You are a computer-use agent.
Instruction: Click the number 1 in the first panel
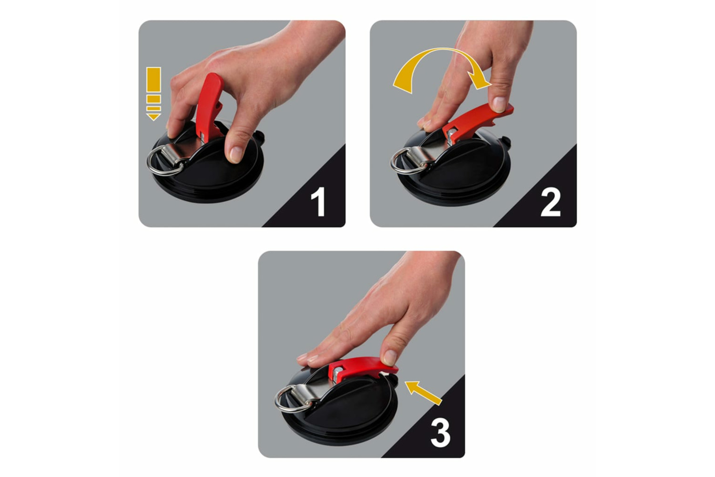point(318,202)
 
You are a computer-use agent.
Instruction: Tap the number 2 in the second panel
point(550,202)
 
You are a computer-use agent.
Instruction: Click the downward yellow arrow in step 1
point(153,93)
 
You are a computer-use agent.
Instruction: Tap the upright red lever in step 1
point(209,107)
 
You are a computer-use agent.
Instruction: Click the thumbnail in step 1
point(235,155)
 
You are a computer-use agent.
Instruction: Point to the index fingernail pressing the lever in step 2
point(499,104)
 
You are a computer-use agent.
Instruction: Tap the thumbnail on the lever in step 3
point(390,357)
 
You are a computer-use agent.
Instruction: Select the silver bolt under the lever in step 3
point(337,373)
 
